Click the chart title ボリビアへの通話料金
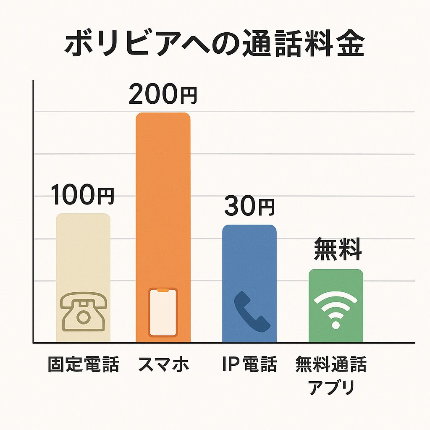[x=214, y=45]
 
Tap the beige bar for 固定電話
[x=83, y=252]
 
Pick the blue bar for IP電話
[x=249, y=260]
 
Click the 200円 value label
[x=163, y=95]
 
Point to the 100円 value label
[x=83, y=196]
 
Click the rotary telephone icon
[x=83, y=312]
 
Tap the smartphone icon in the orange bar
[x=163, y=312]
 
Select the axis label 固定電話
[x=83, y=364]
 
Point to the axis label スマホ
[x=163, y=364]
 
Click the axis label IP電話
[x=249, y=364]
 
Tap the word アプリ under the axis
[x=331, y=388]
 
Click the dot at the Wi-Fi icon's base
[x=336, y=325]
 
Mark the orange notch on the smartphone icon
[x=163, y=290]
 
